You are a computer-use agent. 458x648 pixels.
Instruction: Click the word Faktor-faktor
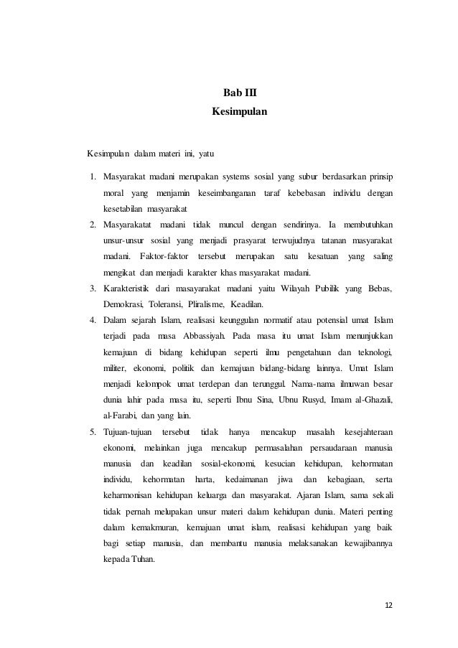tap(164, 256)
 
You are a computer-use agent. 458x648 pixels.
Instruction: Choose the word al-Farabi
tap(118, 415)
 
